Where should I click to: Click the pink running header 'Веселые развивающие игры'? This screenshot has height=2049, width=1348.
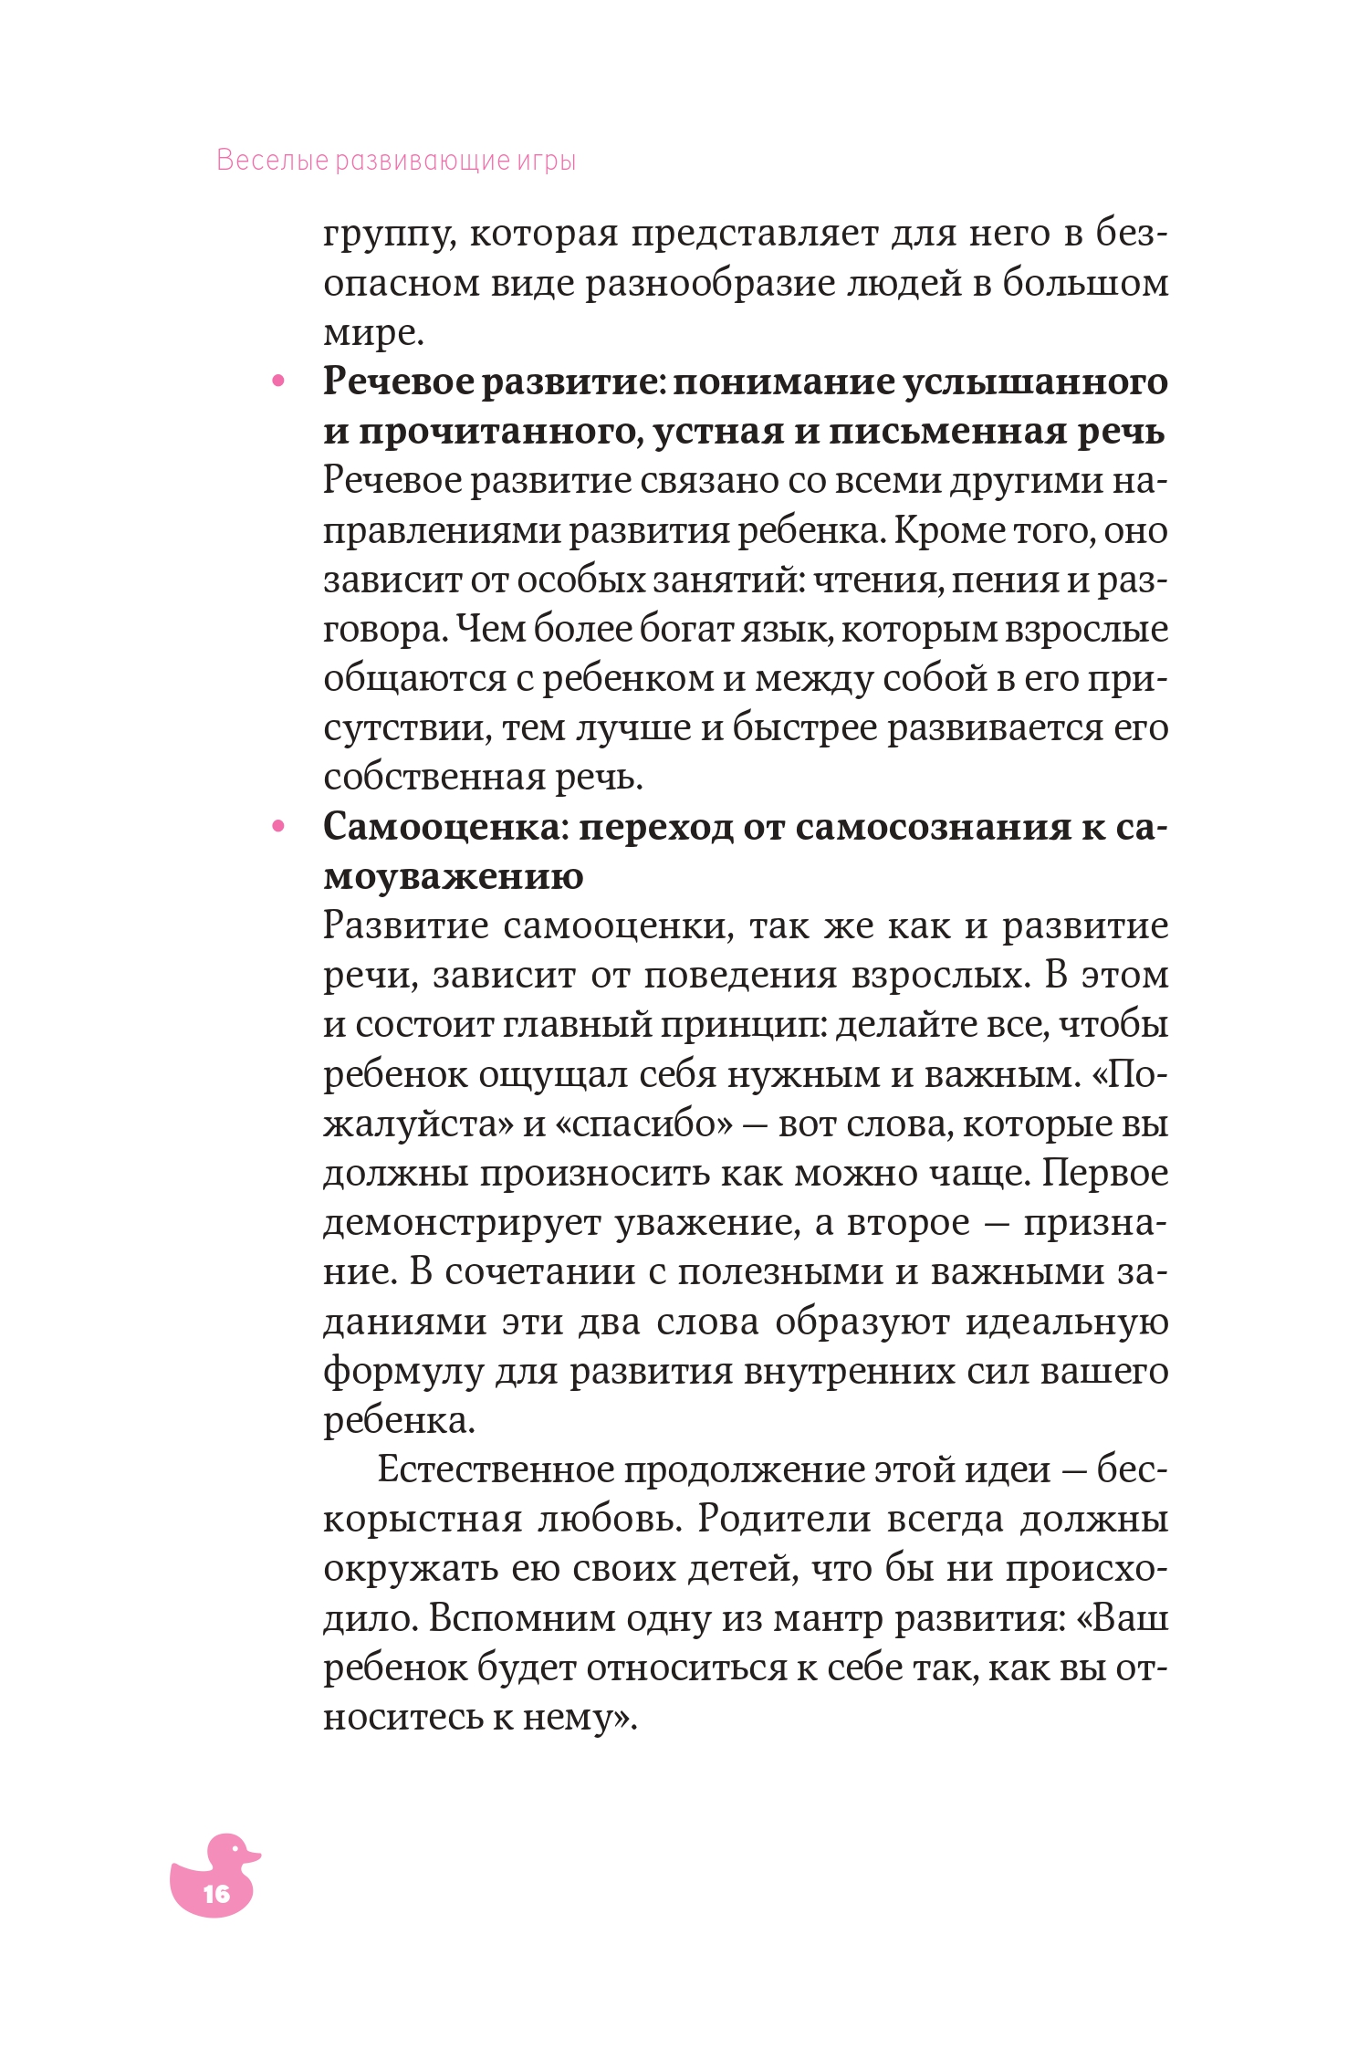(396, 161)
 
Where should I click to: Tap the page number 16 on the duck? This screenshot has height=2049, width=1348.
(216, 1894)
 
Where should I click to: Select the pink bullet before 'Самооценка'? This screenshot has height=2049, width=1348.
(278, 827)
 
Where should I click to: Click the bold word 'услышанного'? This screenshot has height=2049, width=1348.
(1035, 382)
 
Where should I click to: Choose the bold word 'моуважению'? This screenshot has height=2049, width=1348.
(453, 877)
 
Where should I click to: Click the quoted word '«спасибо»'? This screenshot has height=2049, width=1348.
(643, 1124)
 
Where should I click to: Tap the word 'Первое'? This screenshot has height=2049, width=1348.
(1104, 1173)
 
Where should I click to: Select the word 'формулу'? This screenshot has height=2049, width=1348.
(402, 1371)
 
